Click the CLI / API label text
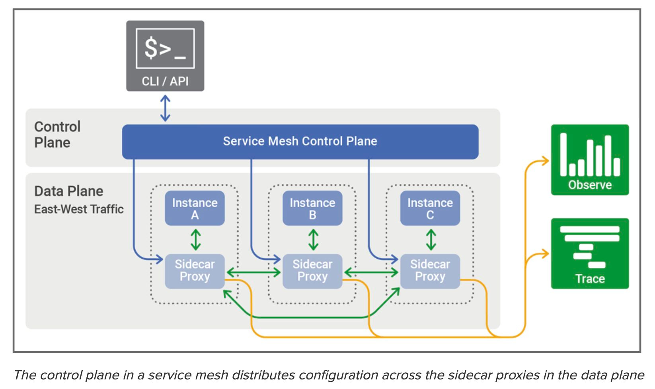(165, 81)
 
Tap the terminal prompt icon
(165, 48)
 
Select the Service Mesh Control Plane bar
(300, 142)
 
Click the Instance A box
(195, 208)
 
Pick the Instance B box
(312, 208)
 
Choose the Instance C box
(430, 208)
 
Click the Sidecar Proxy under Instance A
(195, 271)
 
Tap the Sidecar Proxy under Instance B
(312, 271)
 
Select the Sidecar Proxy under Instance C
(430, 271)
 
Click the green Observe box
(590, 160)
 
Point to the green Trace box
(590, 253)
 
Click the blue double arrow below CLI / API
(165, 108)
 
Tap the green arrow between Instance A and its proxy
(196, 240)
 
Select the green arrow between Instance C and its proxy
(431, 240)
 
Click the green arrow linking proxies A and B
(254, 272)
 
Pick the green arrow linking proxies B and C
(371, 272)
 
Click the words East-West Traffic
(79, 209)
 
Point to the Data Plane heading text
(69, 191)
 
